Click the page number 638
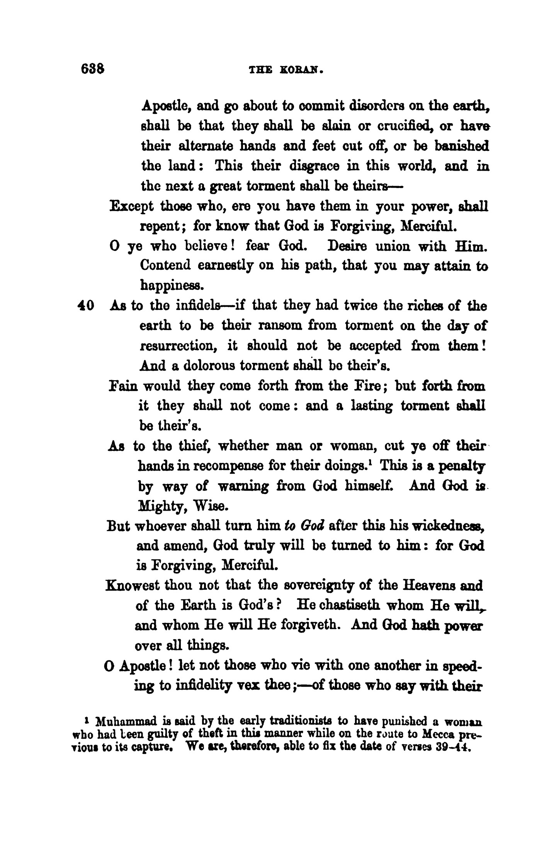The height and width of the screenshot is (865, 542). click(x=92, y=69)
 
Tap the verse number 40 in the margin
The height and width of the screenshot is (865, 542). click(x=85, y=306)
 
